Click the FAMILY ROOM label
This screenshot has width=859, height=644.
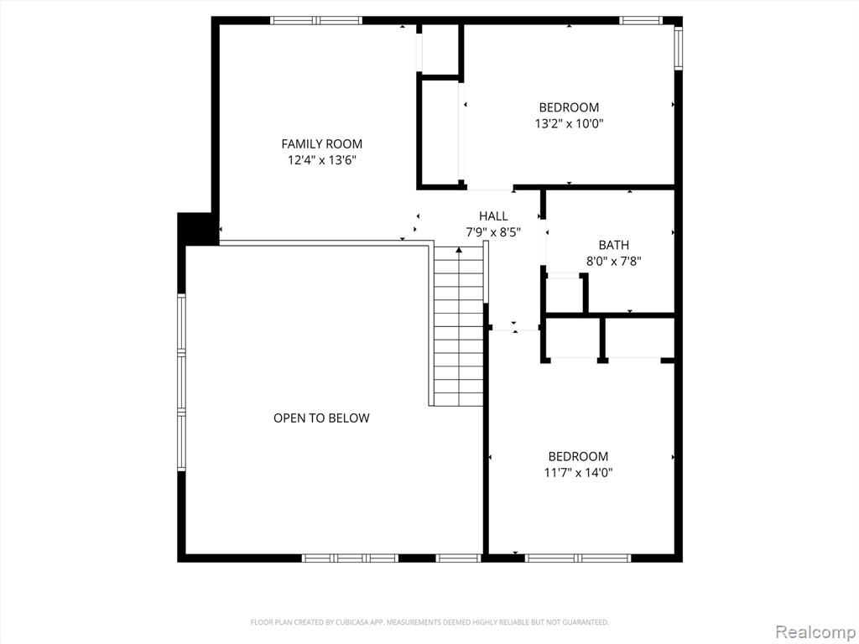321,144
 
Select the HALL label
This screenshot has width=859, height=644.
493,216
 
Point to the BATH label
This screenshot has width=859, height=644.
613,245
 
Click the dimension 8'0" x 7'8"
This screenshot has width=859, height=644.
613,262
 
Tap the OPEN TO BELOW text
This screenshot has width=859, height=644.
321,418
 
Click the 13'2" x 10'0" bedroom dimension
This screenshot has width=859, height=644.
569,124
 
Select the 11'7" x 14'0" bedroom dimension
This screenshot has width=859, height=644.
578,473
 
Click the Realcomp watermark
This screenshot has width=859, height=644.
815,631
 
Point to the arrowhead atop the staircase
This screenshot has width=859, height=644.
459,250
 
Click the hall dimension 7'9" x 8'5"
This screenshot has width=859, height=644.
493,232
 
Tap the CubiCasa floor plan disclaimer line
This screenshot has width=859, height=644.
429,622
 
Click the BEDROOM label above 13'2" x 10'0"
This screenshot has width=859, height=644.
569,107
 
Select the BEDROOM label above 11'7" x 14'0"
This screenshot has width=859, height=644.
578,456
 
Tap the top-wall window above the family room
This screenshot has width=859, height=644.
316,21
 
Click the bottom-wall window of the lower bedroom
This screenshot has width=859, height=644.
577,558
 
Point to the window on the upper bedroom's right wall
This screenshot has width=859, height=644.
678,49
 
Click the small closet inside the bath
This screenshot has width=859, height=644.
565,294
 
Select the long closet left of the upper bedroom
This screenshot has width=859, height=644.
440,132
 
